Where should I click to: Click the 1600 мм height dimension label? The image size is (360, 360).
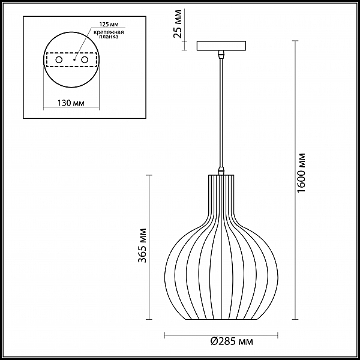tap(301, 173)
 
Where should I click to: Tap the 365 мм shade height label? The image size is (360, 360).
tap(142, 245)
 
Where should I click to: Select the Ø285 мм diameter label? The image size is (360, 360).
tap(232, 341)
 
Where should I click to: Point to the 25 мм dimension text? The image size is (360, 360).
tap(178, 24)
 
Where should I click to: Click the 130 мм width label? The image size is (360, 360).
tap(70, 103)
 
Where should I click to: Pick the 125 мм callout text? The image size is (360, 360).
tap(109, 24)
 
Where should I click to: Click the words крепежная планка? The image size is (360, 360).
tap(109, 34)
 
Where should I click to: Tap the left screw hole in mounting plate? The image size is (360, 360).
tap(59, 59)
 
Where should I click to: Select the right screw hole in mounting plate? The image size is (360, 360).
tap(85, 59)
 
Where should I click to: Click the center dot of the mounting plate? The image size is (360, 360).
tap(74, 60)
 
